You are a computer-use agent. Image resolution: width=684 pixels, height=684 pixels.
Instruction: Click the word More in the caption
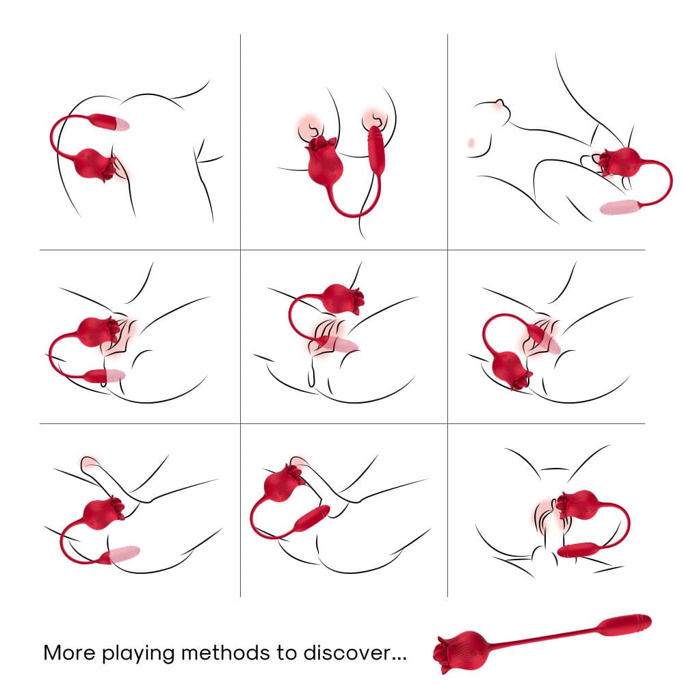click(70, 653)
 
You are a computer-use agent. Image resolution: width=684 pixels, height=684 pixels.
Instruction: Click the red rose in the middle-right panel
click(512, 369)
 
